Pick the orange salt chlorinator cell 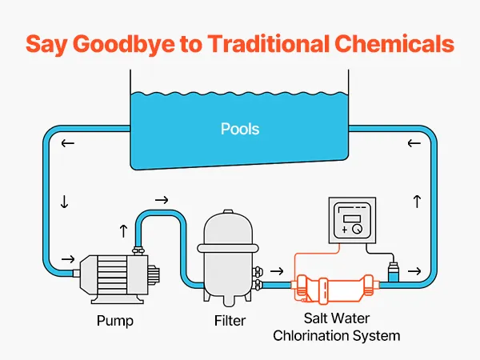pyautogui.click(x=335, y=286)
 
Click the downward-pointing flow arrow pyautogui.click(x=64, y=202)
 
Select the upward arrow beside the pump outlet pyautogui.click(x=122, y=230)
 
